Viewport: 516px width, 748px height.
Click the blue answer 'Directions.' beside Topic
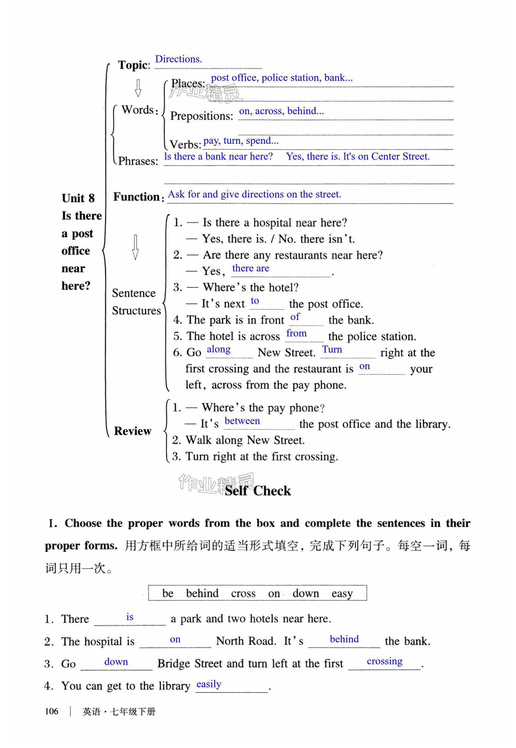(179, 59)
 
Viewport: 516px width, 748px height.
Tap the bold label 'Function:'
(138, 197)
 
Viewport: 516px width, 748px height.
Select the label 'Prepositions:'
(201, 116)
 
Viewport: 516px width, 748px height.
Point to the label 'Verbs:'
(185, 144)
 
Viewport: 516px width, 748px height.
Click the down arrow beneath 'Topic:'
(138, 88)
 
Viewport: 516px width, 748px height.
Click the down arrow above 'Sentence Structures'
(135, 247)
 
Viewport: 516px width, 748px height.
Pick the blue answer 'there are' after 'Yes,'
(251, 268)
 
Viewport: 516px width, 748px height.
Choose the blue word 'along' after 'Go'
(218, 349)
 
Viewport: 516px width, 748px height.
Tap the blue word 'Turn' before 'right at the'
(332, 350)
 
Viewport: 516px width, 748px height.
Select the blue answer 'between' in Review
(242, 421)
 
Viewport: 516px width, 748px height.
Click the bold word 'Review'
(132, 431)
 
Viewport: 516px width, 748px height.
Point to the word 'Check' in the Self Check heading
(272, 491)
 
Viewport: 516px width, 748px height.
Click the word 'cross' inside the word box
(243, 594)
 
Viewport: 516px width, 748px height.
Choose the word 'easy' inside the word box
(342, 594)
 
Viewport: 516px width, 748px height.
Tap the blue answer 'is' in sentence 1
(130, 617)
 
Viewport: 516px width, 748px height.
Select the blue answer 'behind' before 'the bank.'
(344, 639)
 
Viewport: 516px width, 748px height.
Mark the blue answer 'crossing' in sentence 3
(384, 661)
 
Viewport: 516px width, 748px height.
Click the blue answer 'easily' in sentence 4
(209, 684)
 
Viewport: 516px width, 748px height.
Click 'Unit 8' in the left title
(78, 198)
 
